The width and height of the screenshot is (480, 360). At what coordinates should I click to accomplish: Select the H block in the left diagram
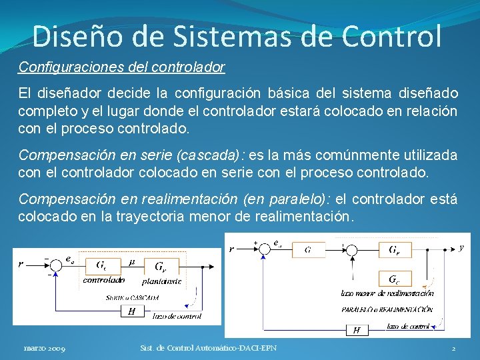click(x=132, y=311)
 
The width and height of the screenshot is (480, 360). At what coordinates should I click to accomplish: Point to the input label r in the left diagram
click(x=21, y=264)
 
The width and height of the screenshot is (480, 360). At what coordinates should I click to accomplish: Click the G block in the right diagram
click(x=308, y=250)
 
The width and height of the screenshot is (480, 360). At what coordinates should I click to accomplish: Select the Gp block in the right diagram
click(x=396, y=250)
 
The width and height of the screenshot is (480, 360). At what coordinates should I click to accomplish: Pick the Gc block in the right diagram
click(x=394, y=278)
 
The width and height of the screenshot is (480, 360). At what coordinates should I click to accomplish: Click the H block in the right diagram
click(x=357, y=329)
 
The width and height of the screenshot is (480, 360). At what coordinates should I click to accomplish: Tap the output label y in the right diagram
click(x=461, y=247)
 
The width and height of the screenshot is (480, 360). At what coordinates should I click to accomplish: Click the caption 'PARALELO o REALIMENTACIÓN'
click(x=387, y=310)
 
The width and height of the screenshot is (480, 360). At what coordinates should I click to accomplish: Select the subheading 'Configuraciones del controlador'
click(x=122, y=67)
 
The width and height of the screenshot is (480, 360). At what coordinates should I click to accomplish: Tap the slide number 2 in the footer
click(x=453, y=349)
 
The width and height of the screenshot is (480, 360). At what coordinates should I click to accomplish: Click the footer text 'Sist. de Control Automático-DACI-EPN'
click(x=208, y=348)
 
